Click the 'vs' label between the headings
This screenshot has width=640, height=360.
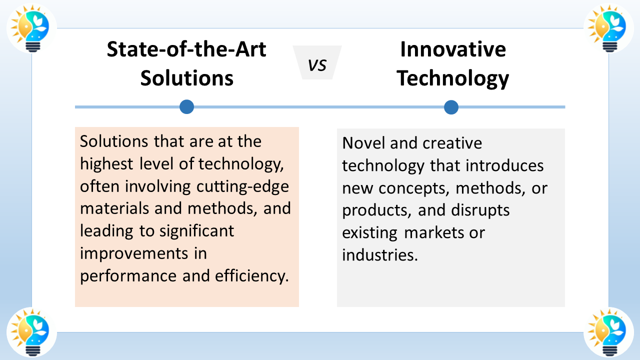[317, 65]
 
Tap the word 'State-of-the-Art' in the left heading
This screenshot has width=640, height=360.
[186, 49]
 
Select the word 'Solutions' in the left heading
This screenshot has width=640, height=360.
[187, 78]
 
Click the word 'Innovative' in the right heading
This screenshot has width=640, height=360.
[453, 49]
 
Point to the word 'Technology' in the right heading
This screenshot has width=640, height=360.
[452, 79]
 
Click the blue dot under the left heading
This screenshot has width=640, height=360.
[187, 107]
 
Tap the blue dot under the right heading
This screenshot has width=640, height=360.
[451, 107]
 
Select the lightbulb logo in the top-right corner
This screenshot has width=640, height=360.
[608, 28]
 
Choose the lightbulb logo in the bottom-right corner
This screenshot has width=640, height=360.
[608, 332]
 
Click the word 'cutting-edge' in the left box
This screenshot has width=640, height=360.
[243, 187]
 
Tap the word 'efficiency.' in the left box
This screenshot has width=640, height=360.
[252, 276]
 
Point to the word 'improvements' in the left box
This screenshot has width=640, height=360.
[134, 253]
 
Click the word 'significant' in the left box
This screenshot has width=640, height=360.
[196, 231]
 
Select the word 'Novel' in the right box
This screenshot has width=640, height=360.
[363, 143]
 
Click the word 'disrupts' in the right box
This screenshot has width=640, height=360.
[480, 211]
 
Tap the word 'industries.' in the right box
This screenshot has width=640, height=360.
[380, 255]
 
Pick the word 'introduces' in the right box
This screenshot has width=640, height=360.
[504, 165]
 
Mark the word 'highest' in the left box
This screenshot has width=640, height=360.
[106, 164]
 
